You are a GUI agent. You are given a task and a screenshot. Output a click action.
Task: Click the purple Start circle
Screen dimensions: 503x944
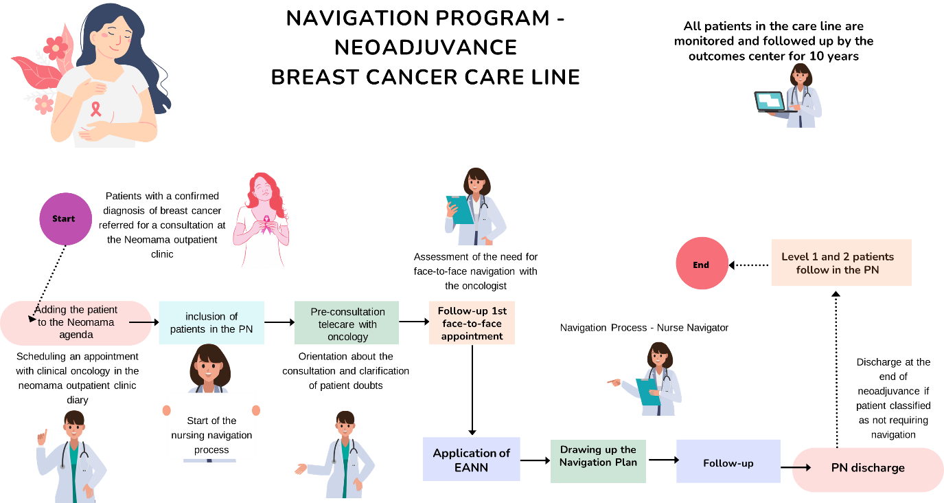point(65,219)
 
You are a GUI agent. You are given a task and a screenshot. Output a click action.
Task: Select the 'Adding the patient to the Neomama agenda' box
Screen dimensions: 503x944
point(76,323)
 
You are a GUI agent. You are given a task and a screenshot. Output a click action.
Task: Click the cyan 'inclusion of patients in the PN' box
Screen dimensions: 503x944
point(211,323)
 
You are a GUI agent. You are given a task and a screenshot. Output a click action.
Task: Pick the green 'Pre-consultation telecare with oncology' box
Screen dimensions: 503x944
point(347,323)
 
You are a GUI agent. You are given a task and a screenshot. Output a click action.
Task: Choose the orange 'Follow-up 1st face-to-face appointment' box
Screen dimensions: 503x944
point(472,323)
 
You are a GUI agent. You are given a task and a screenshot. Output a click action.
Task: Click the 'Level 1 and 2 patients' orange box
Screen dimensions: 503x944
point(841,262)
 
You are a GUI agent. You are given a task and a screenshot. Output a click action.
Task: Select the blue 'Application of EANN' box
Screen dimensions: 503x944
point(471,459)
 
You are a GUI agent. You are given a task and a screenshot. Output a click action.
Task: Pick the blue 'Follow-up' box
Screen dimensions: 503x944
point(728,462)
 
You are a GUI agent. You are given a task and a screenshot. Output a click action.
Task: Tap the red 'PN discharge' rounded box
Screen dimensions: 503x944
point(868,469)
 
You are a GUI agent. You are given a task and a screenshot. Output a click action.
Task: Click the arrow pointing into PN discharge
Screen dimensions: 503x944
point(801,468)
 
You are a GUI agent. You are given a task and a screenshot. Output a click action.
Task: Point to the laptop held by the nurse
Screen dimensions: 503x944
point(770,102)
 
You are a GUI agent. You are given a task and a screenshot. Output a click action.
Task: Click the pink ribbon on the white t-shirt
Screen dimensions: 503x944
point(95,109)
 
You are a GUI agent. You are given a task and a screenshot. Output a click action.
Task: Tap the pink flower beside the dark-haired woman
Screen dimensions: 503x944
point(56,47)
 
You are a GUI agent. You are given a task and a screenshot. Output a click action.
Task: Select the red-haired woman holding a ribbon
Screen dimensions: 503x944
point(262,220)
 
